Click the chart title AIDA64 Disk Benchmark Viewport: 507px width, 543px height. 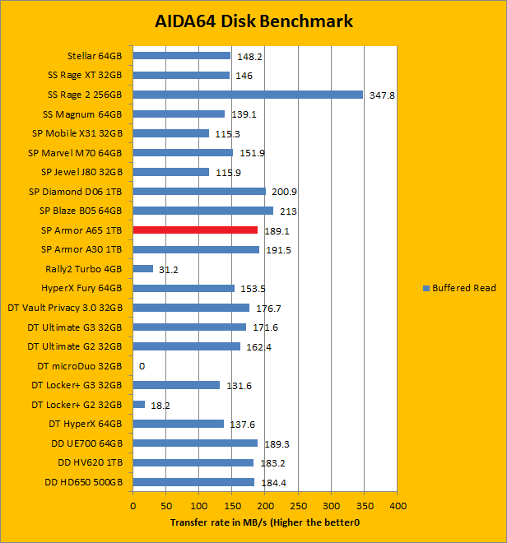click(x=253, y=21)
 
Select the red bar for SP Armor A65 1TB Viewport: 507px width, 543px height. click(x=195, y=230)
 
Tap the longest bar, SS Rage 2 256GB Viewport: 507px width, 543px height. click(x=248, y=95)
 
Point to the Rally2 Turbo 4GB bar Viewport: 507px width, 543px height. click(x=143, y=269)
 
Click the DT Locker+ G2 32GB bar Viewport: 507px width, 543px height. click(x=139, y=404)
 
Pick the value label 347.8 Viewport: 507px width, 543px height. click(x=382, y=95)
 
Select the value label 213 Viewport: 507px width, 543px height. click(x=286, y=211)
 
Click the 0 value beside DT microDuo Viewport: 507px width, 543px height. click(x=142, y=366)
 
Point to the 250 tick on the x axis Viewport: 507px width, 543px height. click(x=298, y=505)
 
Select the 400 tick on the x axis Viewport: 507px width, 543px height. click(x=398, y=505)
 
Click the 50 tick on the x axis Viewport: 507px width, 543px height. click(x=165, y=505)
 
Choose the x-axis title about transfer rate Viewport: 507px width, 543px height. click(x=265, y=522)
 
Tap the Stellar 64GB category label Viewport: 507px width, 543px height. click(x=95, y=56)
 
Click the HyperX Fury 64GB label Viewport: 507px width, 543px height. click(x=81, y=288)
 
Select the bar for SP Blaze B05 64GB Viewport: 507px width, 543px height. click(x=202, y=211)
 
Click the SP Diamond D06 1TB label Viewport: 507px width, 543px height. click(x=75, y=192)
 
